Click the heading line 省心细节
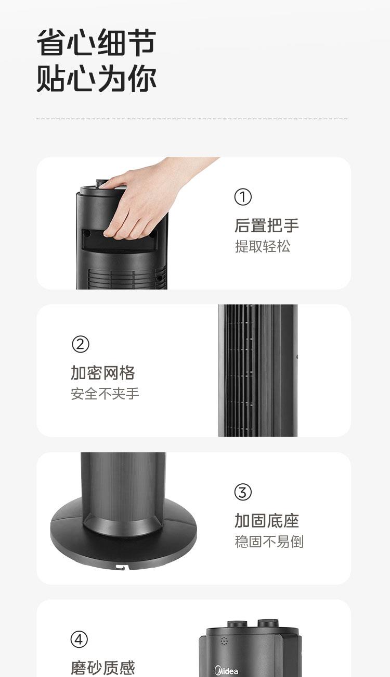coord(96,43)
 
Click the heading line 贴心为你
coord(96,78)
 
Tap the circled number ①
coord(243,197)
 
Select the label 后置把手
coord(267,225)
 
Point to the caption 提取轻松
coord(262,246)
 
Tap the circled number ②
coord(80,344)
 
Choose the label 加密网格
coord(102,373)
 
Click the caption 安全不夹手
coord(105,394)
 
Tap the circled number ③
coord(243,492)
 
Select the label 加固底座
coord(267,520)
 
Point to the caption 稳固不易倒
coord(269,542)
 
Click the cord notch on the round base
coord(123,567)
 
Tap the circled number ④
coord(79,639)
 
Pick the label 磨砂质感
coord(102,668)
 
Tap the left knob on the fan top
coord(237,624)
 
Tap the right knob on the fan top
coord(268,623)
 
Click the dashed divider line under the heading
coord(192,119)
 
